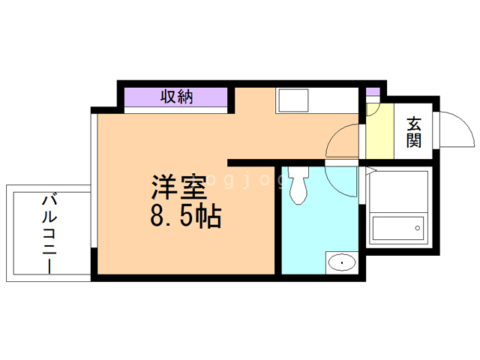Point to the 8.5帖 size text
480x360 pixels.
pos(184,217)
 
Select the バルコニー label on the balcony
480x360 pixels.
pos(49,232)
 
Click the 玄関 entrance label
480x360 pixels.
pos(414,131)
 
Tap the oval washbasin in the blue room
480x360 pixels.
pos(341,262)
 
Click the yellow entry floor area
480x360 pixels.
pos(379,135)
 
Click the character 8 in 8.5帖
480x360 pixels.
pos(158,217)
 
